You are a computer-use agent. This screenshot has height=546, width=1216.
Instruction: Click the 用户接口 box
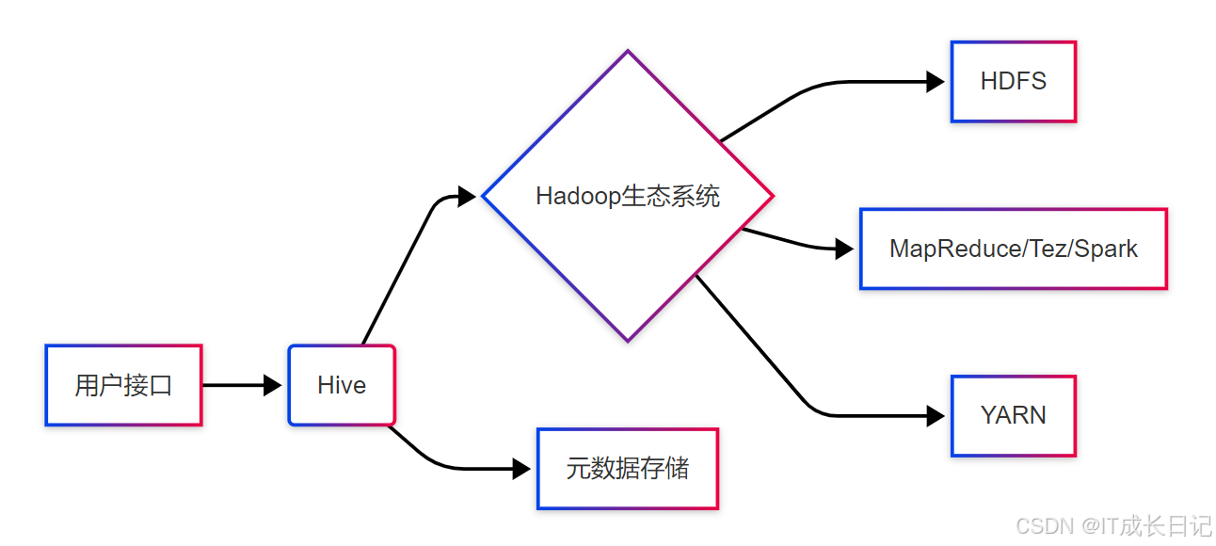pos(123,385)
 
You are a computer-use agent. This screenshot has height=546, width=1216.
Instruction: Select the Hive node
pos(342,385)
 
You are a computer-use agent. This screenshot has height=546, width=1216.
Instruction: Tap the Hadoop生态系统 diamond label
pos(628,196)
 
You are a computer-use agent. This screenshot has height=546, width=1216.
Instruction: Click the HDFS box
pos(1013,82)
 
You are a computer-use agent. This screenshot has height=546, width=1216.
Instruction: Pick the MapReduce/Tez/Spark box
pos(1013,249)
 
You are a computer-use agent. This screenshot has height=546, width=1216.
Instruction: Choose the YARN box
pos(1013,415)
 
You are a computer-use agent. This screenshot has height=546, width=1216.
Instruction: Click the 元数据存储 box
pos(627,468)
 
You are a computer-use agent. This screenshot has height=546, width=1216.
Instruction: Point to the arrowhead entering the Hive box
pos(273,385)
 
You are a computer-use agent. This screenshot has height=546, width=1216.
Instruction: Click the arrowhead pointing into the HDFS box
pos(936,82)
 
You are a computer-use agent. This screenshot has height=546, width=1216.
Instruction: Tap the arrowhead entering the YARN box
pos(936,415)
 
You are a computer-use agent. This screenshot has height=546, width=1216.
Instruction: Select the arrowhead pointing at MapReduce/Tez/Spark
pos(844,249)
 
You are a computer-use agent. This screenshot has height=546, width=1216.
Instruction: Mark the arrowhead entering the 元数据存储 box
pos(521,468)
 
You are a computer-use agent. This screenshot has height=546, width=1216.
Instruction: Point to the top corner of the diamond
pos(628,51)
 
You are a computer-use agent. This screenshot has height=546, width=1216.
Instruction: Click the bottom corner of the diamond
pos(628,341)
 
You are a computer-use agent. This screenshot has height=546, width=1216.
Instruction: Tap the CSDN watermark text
pos(1115,525)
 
